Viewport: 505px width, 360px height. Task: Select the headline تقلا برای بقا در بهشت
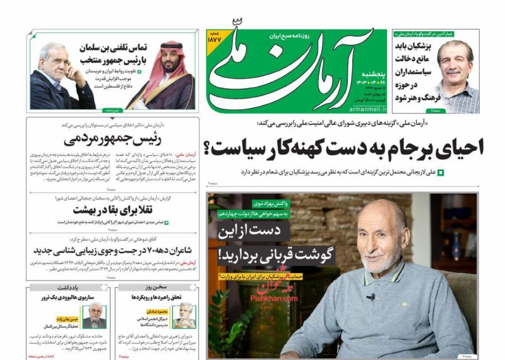112,210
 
